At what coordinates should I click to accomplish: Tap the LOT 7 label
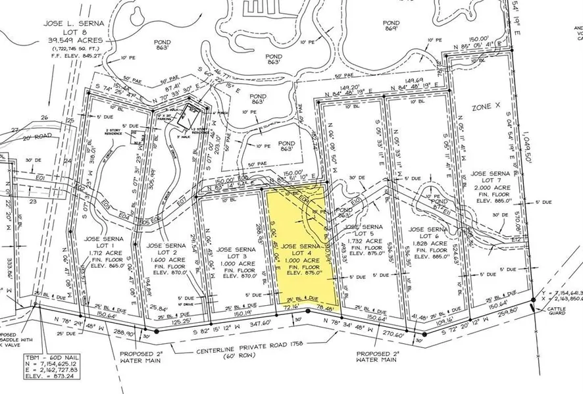[487, 181]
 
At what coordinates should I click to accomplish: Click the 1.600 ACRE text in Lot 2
[163, 260]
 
